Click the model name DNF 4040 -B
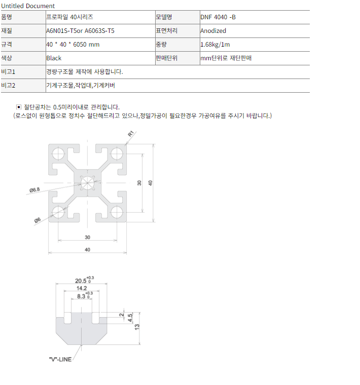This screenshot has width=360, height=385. [218, 17]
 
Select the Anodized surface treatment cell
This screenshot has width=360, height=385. [213, 31]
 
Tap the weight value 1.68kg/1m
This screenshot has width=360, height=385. [215, 45]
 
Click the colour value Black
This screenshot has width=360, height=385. [54, 58]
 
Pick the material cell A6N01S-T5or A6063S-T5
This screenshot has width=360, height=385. [80, 31]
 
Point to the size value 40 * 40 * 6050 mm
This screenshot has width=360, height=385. [73, 45]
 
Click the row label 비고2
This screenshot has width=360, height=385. [8, 86]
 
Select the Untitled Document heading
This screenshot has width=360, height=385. [28, 6]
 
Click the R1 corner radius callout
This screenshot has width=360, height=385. [131, 134]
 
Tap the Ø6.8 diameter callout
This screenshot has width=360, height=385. [34, 190]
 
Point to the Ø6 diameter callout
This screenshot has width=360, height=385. [38, 220]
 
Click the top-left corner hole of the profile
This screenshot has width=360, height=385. [58, 153]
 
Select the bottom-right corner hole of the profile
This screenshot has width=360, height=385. [117, 212]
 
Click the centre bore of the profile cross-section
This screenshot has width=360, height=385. [88, 183]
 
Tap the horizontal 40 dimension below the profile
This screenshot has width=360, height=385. [88, 250]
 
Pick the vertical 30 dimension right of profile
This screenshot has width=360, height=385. [139, 183]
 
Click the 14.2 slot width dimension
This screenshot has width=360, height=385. [82, 288]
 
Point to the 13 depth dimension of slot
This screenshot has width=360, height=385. [137, 327]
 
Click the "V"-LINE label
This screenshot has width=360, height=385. [60, 359]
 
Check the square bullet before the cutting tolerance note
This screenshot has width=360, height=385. [19, 107]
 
